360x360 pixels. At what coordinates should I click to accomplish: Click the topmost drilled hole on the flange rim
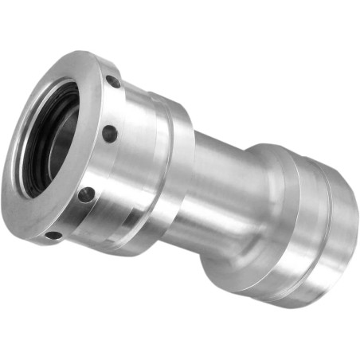click(x=114, y=81)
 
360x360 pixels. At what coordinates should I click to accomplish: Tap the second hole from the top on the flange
click(x=110, y=135)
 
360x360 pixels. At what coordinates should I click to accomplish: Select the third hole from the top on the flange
click(x=84, y=194)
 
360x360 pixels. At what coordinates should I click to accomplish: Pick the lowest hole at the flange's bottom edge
click(x=53, y=234)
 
